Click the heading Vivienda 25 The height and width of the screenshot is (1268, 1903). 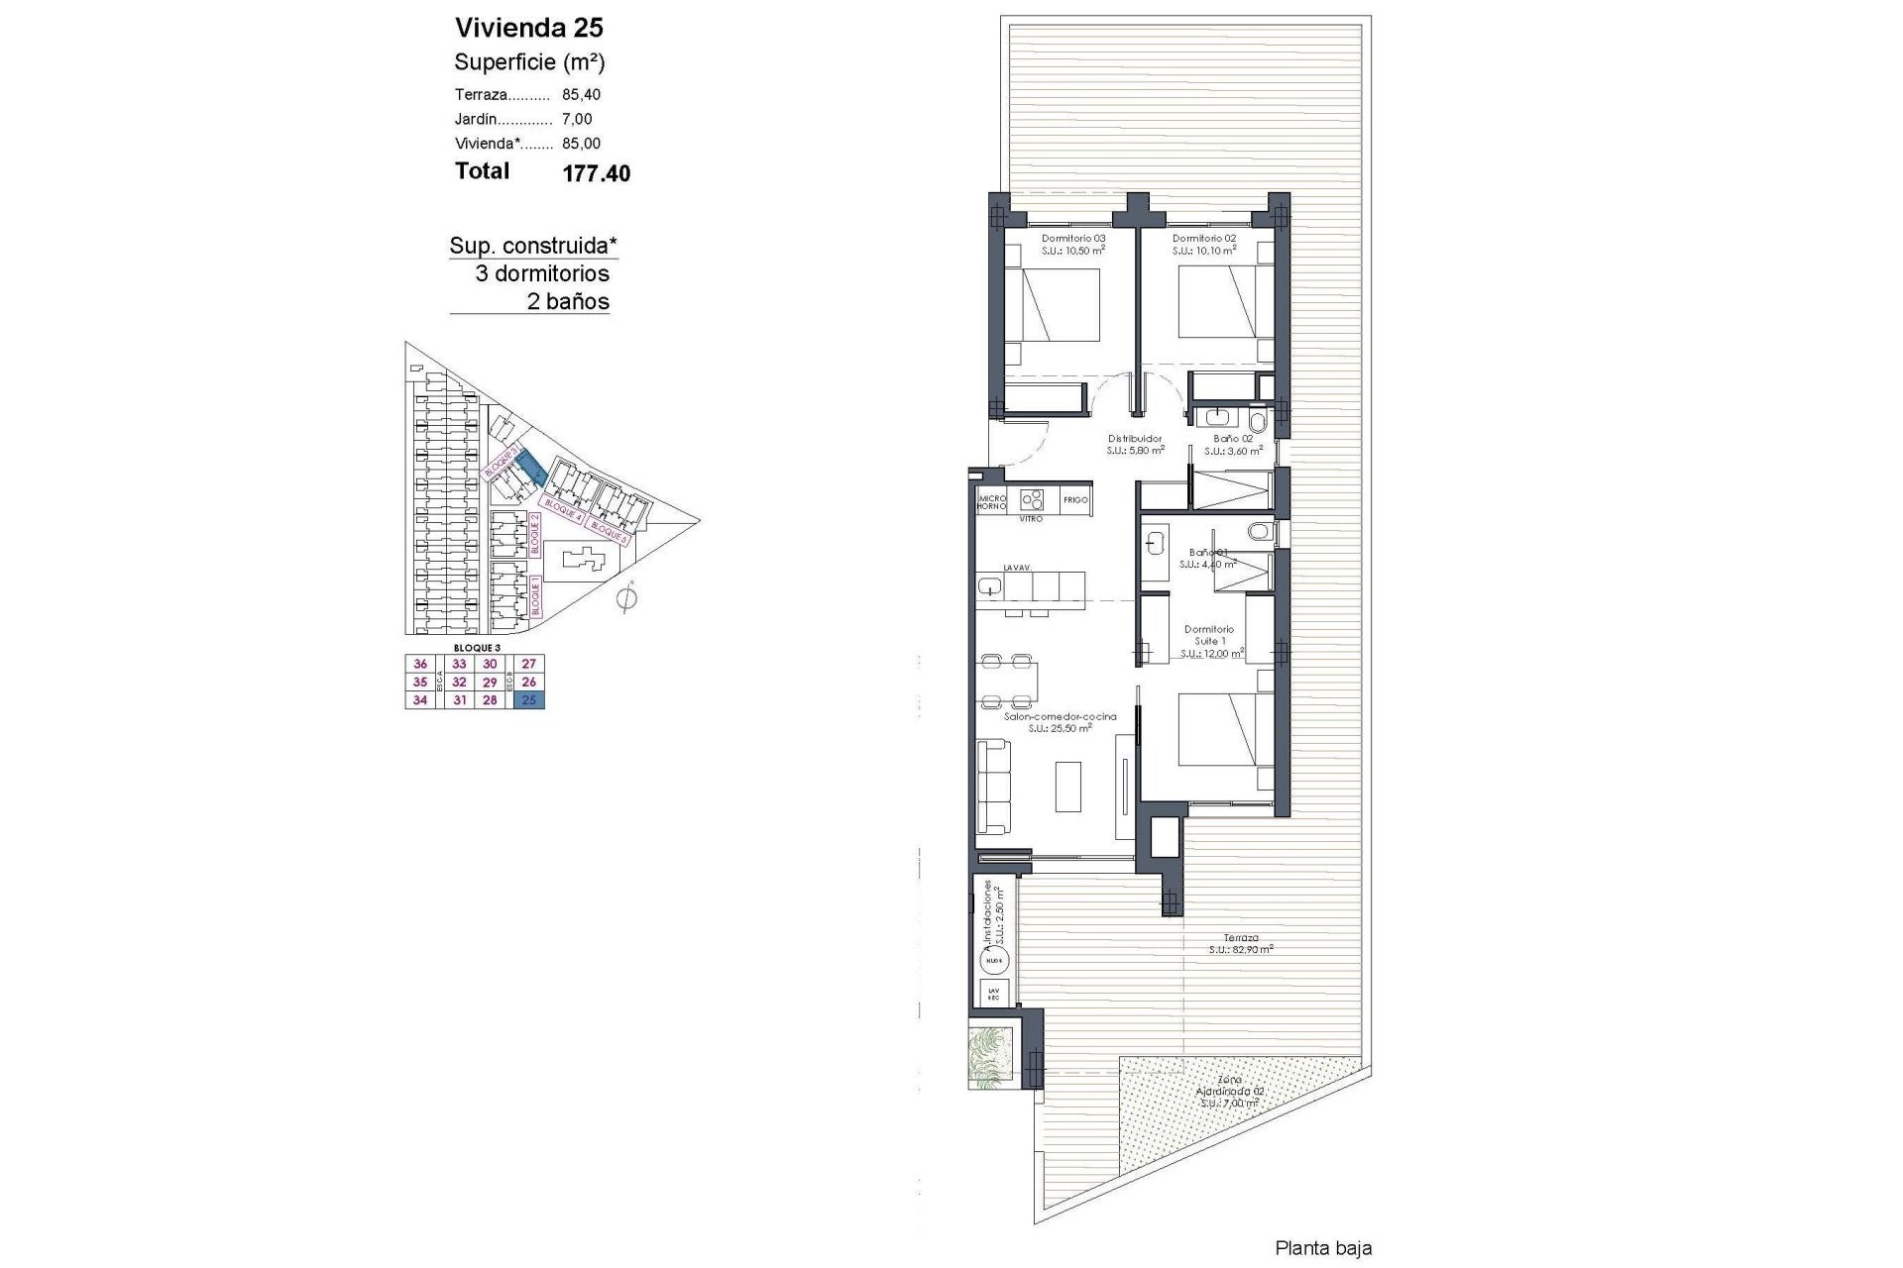528,28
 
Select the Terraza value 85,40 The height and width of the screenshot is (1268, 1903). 581,95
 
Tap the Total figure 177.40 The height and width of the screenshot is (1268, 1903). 596,173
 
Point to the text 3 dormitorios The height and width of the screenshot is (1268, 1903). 542,274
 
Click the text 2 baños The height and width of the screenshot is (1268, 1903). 567,302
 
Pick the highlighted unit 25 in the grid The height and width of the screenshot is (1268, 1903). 529,700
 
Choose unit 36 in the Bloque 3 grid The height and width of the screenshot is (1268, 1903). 420,665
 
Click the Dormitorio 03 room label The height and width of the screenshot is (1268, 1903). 1072,239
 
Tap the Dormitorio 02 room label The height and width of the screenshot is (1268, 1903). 1203,239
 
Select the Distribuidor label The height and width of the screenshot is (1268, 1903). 1134,439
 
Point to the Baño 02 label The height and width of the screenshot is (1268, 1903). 1233,439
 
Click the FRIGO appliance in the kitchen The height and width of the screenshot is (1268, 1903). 1075,500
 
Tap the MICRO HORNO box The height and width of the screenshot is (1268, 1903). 992,501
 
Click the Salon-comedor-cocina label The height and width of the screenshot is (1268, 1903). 1060,716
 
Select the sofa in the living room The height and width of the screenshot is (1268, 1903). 994,787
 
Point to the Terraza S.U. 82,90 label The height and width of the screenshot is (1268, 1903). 1240,943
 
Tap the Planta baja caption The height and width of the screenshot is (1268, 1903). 1323,1249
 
